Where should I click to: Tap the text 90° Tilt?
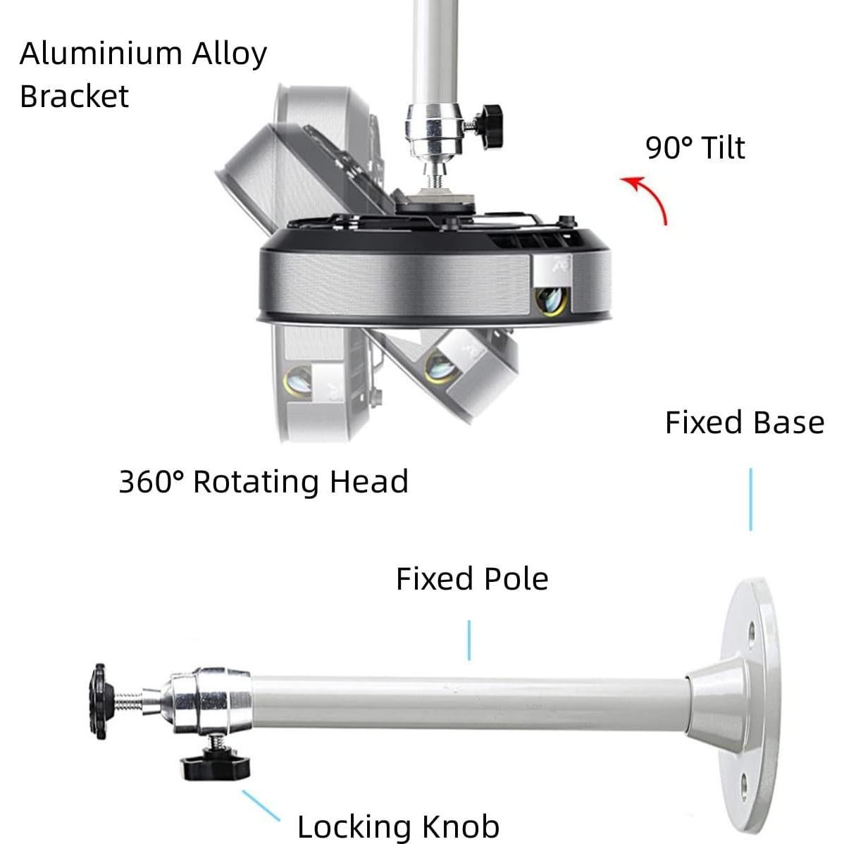695,147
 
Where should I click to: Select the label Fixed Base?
745,423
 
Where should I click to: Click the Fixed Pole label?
472,579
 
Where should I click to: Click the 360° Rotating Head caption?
263,481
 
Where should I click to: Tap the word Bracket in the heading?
74,97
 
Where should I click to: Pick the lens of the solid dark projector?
551,300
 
